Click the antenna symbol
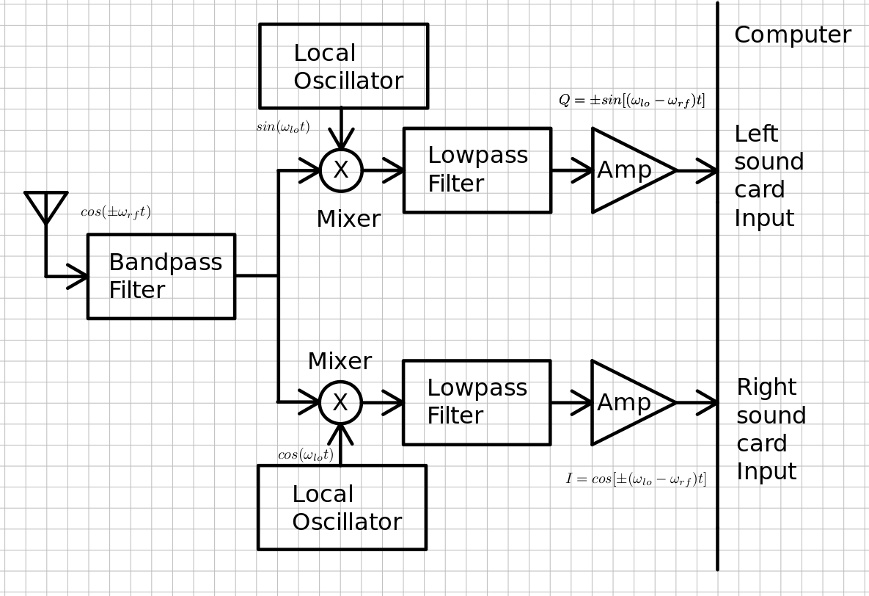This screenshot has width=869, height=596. click(46, 206)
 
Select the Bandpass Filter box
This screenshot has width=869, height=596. click(161, 276)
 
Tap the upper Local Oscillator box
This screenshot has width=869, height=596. click(343, 66)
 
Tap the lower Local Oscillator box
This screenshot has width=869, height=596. click(342, 507)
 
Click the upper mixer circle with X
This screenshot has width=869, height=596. click(341, 170)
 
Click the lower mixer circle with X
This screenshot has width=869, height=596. click(340, 402)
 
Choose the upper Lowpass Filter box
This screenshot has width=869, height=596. click(477, 170)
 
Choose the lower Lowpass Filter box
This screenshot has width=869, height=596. click(477, 402)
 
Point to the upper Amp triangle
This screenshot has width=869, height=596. click(628, 170)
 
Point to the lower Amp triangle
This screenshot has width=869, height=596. click(627, 402)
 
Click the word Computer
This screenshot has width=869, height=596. click(792, 35)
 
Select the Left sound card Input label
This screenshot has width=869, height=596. click(769, 176)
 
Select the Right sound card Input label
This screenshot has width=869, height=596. click(771, 429)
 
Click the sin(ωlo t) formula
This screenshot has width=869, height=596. click(283, 127)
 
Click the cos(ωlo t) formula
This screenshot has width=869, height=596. click(305, 455)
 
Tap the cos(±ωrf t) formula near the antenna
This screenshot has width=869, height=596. click(116, 212)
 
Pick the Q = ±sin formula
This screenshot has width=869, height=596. click(631, 101)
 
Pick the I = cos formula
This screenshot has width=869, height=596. click(636, 479)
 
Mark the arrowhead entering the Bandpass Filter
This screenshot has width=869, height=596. click(78, 276)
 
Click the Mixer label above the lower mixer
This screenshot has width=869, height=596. click(340, 362)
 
